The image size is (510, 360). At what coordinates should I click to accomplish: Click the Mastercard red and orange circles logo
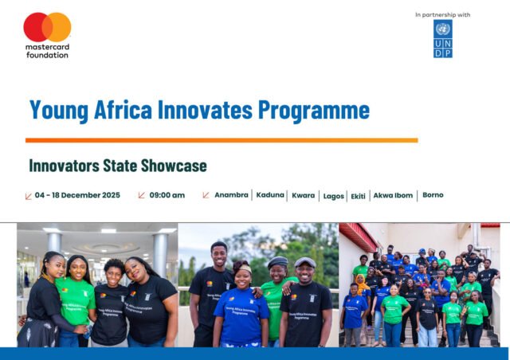coord(47,27)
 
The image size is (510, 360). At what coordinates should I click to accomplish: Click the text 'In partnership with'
coord(442,14)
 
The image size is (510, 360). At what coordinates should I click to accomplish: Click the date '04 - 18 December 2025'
coord(78,195)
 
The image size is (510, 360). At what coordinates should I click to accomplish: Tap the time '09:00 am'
coord(167,195)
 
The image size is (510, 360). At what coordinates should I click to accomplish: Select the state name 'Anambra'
coord(231,195)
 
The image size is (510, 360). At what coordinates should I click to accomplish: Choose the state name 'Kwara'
coord(304,195)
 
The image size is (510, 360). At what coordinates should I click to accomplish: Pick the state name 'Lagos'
coord(334,196)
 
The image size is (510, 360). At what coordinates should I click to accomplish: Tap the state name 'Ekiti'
coord(359,196)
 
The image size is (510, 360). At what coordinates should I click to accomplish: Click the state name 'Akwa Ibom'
coord(394,195)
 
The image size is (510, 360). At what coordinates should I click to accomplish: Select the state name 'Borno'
coord(433,195)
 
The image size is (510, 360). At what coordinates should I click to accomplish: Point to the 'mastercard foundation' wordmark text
coord(47,51)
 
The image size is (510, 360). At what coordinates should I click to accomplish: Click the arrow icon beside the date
coord(29,195)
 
